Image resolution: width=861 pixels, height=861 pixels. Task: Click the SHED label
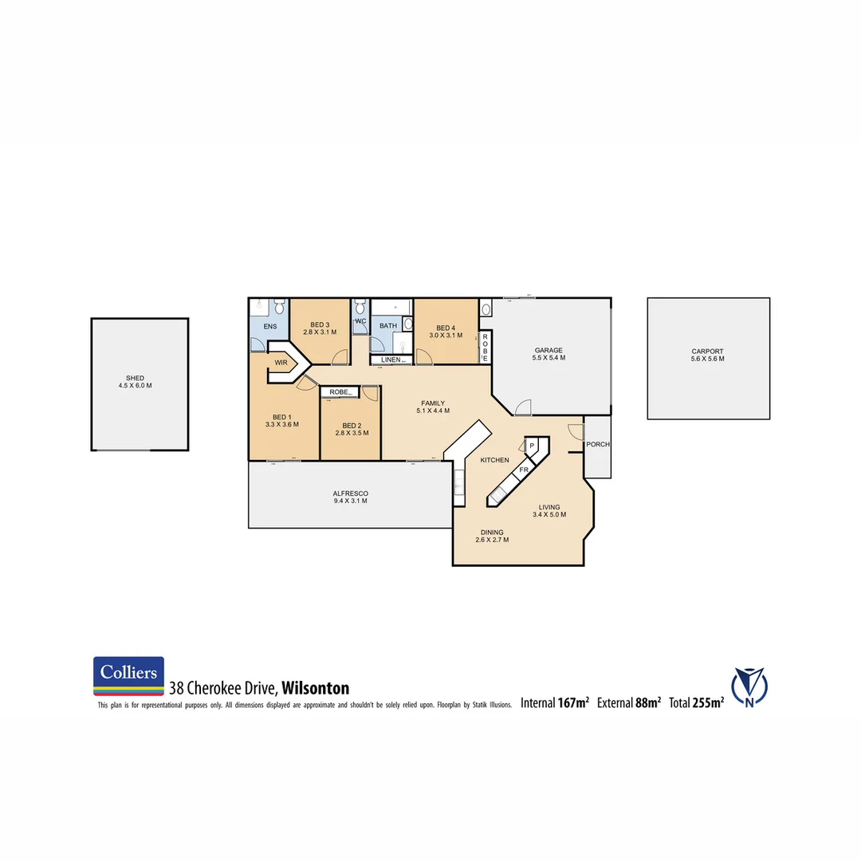(x=136, y=378)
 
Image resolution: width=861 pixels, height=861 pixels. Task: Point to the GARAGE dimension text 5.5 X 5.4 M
(x=548, y=358)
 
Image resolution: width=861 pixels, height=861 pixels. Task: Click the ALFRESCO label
(x=351, y=494)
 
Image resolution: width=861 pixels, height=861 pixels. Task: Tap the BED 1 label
(x=282, y=417)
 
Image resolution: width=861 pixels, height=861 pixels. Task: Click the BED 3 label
(x=320, y=324)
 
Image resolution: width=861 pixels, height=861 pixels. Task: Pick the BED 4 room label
(x=446, y=328)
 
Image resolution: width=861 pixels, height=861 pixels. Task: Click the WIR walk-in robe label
(x=281, y=363)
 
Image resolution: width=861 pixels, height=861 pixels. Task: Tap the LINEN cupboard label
(x=391, y=360)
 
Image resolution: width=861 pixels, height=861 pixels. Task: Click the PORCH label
(x=597, y=445)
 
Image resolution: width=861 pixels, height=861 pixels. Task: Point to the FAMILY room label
(x=433, y=403)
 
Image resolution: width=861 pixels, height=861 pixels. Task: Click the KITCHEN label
(x=494, y=461)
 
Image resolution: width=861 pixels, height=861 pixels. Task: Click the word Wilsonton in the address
(x=316, y=688)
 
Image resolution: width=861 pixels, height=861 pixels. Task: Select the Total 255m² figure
(x=697, y=702)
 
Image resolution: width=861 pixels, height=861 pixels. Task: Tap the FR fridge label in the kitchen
(x=524, y=470)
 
